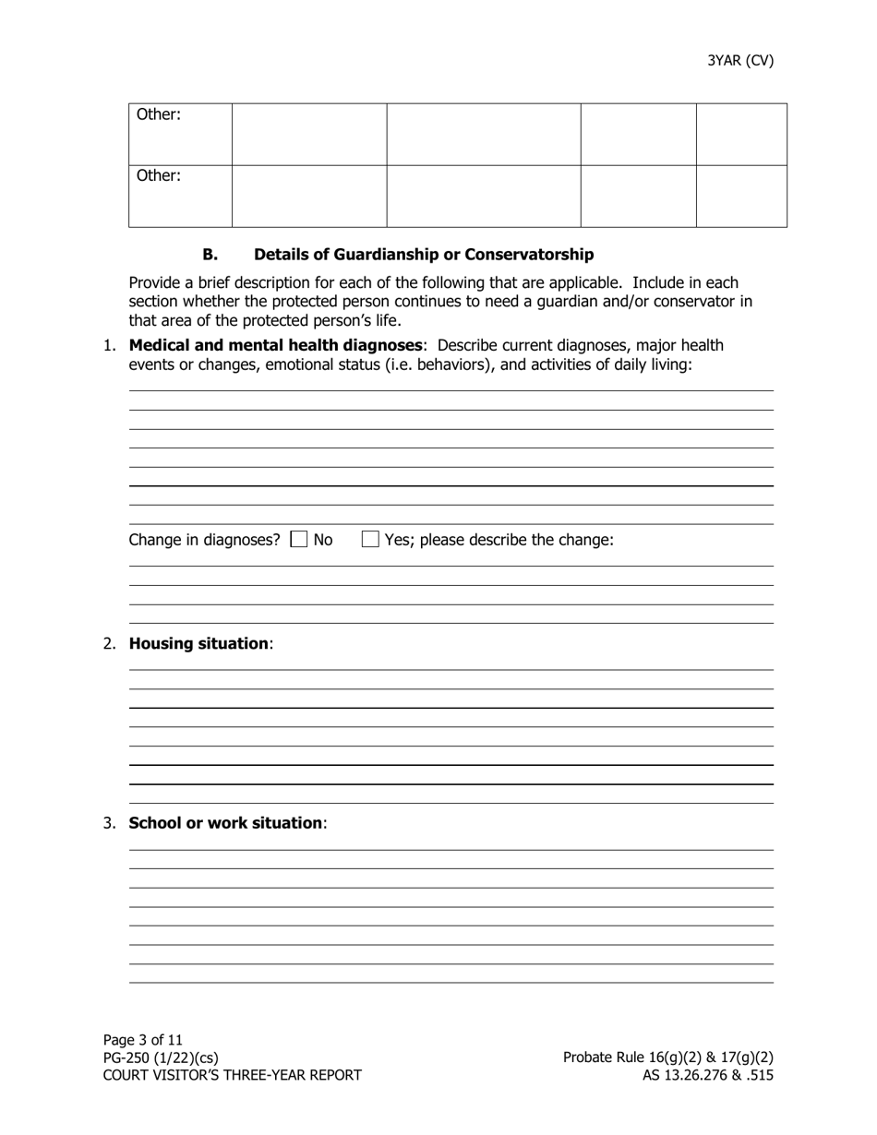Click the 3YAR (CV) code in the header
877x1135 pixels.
tap(740, 61)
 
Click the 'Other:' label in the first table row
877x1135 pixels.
tap(159, 115)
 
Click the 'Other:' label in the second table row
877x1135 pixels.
tap(159, 175)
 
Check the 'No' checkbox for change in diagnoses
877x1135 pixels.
tap(299, 540)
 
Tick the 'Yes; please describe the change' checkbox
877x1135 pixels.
tap(370, 540)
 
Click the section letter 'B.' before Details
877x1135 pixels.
tap(210, 255)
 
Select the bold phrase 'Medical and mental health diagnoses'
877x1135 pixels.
tap(275, 345)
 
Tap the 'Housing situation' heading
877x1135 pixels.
tap(198, 643)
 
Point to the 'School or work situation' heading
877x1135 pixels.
tap(226, 822)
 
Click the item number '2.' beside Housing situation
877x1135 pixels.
tap(110, 643)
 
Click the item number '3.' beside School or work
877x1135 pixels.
tap(110, 822)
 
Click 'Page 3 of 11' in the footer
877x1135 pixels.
tap(143, 1040)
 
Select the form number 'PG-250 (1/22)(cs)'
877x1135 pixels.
tap(161, 1057)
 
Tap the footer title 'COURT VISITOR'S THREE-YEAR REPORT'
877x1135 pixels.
tap(232, 1075)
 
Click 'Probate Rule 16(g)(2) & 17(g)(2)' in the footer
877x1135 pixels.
tap(667, 1057)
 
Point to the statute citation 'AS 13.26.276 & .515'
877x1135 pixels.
tap(707, 1075)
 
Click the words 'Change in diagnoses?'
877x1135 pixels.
tap(204, 540)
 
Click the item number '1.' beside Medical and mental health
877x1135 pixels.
tap(110, 345)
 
